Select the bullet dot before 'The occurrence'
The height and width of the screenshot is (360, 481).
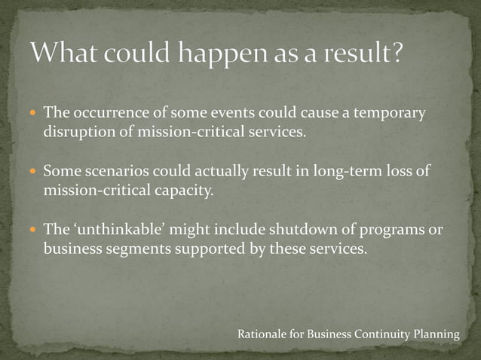click(32, 114)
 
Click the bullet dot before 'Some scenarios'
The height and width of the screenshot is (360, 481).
click(32, 171)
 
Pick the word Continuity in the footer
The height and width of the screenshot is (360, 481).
click(383, 334)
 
